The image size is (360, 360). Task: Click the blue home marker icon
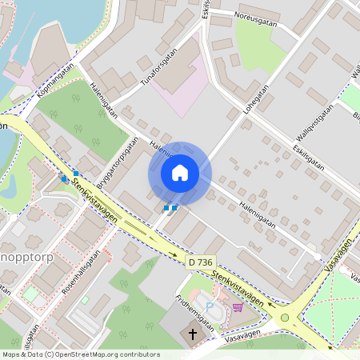pyautogui.click(x=180, y=173)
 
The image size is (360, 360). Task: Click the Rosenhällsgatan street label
pyautogui.click(x=87, y=274)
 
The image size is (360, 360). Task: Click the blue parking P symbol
pyautogui.click(x=210, y=306)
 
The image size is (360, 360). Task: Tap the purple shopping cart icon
pyautogui.click(x=238, y=306)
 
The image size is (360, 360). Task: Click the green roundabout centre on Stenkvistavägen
pyautogui.click(x=285, y=318)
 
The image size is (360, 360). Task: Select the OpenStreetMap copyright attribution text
pyautogui.click(x=81, y=354)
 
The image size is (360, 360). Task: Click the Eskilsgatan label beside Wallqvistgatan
pyautogui.click(x=308, y=153)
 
